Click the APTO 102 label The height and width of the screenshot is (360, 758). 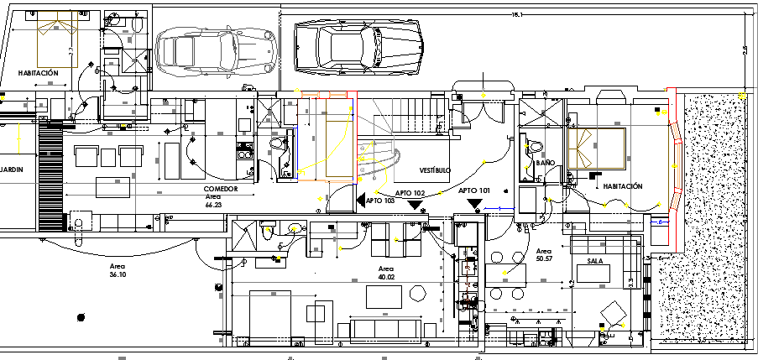(411, 192)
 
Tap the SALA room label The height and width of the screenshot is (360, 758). (595, 262)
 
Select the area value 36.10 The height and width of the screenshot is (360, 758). (118, 274)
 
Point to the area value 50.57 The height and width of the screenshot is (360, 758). (544, 258)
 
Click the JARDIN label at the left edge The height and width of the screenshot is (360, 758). (9, 170)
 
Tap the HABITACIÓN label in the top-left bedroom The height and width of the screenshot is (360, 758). (39, 74)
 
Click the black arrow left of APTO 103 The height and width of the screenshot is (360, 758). (360, 201)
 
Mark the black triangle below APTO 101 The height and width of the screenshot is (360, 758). (475, 203)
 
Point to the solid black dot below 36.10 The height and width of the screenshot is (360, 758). (81, 316)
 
